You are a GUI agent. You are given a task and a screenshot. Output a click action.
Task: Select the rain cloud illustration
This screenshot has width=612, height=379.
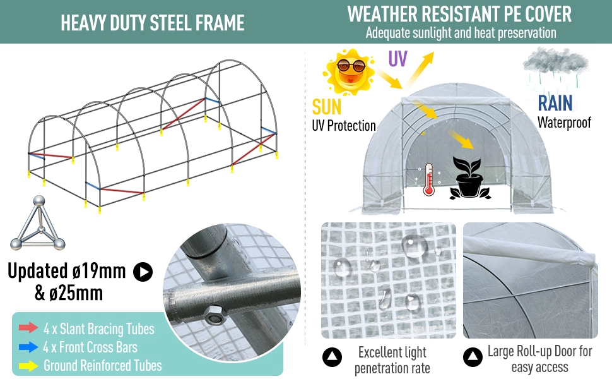pos(555,68)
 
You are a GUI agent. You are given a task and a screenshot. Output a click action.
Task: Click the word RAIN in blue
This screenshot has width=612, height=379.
pos(555,104)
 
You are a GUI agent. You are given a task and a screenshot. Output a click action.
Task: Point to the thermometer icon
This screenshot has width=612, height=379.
pos(429,177)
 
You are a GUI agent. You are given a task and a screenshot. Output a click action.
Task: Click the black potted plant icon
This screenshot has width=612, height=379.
pos(468,179)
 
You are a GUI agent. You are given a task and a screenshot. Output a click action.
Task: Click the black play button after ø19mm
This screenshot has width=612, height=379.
pos(143,272)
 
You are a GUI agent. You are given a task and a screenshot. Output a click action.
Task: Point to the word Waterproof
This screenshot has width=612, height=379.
pos(564,122)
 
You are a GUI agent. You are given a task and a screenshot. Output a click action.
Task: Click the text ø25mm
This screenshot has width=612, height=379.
pos(69,293)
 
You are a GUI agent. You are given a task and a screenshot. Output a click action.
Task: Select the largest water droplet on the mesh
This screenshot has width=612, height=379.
pos(414,244)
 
